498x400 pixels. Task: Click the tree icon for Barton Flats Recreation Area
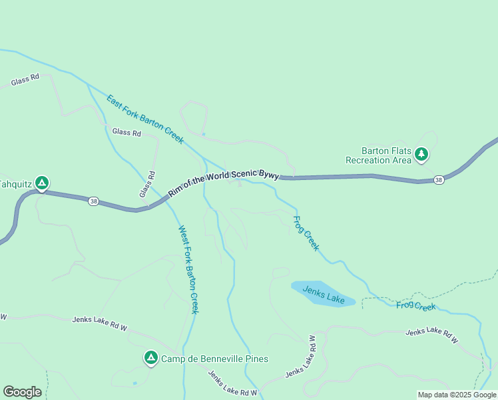pyautogui.click(x=421, y=155)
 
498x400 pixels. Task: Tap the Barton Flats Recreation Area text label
pyautogui.click(x=377, y=155)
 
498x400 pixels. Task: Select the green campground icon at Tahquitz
pyautogui.click(x=41, y=183)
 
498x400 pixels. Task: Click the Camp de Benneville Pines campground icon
pyautogui.click(x=151, y=359)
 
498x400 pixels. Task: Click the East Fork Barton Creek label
pyautogui.click(x=144, y=119)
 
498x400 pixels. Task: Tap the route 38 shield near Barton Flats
pyautogui.click(x=438, y=180)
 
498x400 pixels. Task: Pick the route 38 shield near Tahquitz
pyautogui.click(x=94, y=201)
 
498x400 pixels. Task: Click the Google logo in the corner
pyautogui.click(x=22, y=392)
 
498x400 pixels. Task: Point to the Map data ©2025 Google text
pyautogui.click(x=457, y=395)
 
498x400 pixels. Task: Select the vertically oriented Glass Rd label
pyautogui.click(x=147, y=184)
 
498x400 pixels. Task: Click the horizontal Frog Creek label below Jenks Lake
pyautogui.click(x=415, y=306)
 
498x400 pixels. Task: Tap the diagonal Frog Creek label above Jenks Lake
pyautogui.click(x=306, y=233)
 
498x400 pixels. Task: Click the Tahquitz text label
pyautogui.click(x=15, y=183)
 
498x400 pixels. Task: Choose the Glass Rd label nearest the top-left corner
pyautogui.click(x=25, y=80)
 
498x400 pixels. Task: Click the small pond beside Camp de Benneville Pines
pyautogui.click(x=135, y=383)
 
